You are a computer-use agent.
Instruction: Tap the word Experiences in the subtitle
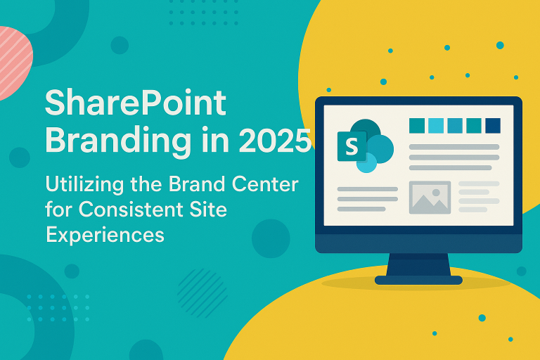click(x=105, y=234)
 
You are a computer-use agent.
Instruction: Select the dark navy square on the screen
click(x=492, y=125)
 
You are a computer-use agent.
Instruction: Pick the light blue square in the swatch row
click(x=436, y=125)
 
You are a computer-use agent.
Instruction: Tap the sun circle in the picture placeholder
click(x=438, y=190)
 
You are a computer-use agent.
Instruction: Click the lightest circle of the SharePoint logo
click(x=366, y=163)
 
